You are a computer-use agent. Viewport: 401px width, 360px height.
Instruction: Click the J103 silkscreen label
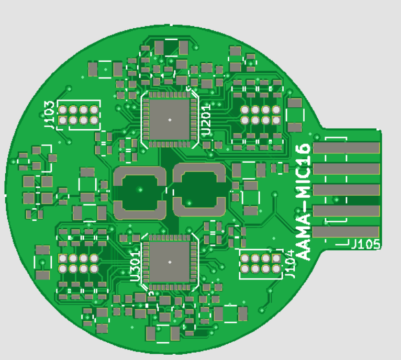[x=49, y=115]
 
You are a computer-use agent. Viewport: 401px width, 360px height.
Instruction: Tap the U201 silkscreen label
[x=206, y=120]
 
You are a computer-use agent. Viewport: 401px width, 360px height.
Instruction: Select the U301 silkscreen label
[x=135, y=266]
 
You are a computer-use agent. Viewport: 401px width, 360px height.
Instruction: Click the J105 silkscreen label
[x=366, y=244]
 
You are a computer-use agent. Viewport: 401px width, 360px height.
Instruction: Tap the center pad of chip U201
[x=170, y=119]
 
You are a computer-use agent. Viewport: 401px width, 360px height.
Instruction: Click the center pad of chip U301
[x=170, y=262]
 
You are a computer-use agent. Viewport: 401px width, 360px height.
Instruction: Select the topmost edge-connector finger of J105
[x=346, y=148]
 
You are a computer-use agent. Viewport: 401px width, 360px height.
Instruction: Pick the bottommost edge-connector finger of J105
[x=346, y=232]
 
